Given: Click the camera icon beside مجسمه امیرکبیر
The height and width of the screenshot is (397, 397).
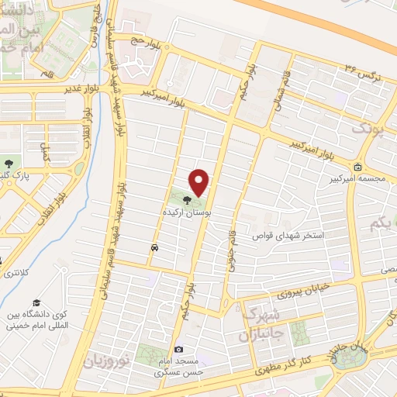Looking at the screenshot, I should (x=357, y=167).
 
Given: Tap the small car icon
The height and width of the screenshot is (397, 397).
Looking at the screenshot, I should (x=155, y=247).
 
